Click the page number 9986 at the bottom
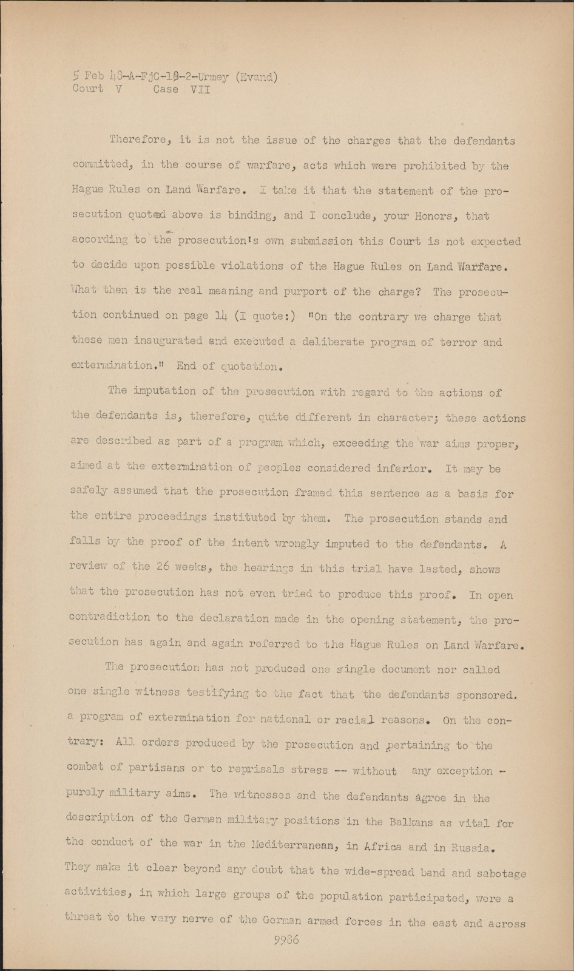coord(287,940)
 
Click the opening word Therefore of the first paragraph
coord(141,140)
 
